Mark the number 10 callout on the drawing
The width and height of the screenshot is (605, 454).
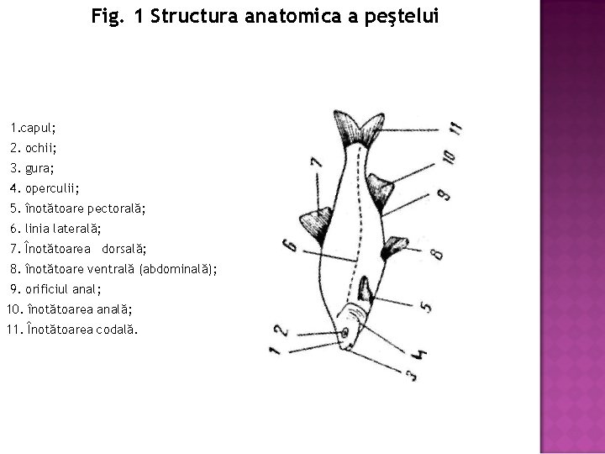(449, 156)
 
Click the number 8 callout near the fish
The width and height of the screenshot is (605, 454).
(434, 250)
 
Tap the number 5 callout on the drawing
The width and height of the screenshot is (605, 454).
(426, 307)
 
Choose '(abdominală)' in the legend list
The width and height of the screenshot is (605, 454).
(177, 269)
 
